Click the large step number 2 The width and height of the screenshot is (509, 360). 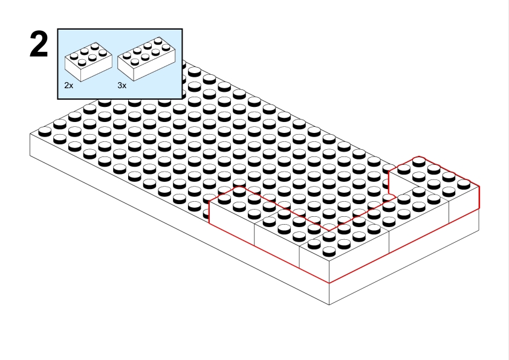[x=39, y=45]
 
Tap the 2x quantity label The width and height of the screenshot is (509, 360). [x=69, y=86]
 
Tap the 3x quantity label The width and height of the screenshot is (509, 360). [x=122, y=86]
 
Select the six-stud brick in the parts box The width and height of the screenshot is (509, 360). [x=88, y=60]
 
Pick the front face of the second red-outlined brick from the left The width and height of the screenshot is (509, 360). [x=277, y=243]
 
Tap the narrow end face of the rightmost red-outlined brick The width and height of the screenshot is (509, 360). [x=464, y=205]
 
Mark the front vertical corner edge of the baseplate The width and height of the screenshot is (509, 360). [x=329, y=294]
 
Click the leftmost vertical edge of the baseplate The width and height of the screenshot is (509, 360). [x=30, y=145]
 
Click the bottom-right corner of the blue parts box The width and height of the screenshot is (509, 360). [x=183, y=97]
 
